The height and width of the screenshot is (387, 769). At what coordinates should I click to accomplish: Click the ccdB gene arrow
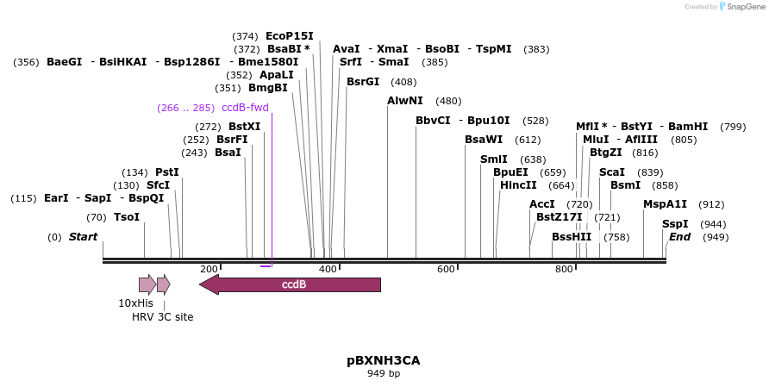[x=293, y=284]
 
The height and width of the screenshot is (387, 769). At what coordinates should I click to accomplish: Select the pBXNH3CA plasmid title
[x=384, y=359]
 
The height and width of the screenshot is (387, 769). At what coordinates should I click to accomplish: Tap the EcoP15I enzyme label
[x=290, y=35]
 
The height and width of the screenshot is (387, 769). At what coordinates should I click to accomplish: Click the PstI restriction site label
[x=167, y=172]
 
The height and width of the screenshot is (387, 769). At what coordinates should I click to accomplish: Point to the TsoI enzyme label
[x=127, y=217]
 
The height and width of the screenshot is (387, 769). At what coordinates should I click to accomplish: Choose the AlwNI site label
[x=404, y=101]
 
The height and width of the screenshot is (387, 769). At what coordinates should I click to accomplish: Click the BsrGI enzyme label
[x=363, y=82]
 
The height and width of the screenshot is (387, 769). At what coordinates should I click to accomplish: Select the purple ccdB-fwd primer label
[x=246, y=108]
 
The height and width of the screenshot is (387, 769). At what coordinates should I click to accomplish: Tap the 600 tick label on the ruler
[x=446, y=270]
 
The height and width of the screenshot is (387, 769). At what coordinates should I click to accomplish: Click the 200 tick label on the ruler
[x=209, y=270]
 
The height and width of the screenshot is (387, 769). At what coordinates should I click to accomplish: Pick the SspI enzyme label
[x=675, y=224]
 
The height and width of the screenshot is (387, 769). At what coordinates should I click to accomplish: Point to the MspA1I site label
[x=666, y=204]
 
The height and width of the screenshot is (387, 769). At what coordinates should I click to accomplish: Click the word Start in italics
[x=84, y=237]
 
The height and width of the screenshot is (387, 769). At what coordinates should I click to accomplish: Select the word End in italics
[x=680, y=237]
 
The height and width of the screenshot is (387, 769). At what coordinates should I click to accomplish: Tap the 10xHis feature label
[x=135, y=303]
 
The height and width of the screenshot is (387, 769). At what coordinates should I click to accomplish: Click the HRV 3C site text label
[x=162, y=317]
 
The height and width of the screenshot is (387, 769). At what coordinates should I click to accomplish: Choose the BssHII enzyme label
[x=572, y=237]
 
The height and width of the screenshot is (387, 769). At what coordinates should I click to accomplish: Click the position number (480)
[x=448, y=101]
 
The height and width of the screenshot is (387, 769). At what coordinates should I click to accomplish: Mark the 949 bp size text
[x=384, y=374]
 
